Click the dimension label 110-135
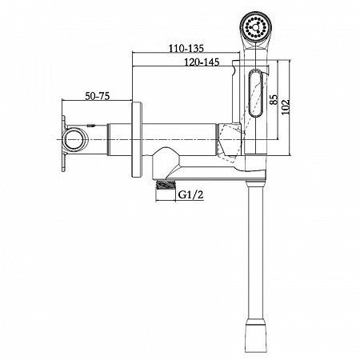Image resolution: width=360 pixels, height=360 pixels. [x=186, y=48]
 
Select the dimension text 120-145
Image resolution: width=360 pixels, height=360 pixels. [x=202, y=62]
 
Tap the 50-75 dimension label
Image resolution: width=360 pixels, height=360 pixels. [x=98, y=96]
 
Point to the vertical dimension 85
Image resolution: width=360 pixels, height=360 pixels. [x=274, y=99]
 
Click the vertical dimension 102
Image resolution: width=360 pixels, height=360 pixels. [x=286, y=107]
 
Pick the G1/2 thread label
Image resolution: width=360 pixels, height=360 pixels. [x=190, y=195]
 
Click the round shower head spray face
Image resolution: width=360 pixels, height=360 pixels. [x=255, y=26]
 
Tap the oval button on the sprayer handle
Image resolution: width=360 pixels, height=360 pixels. [x=256, y=93]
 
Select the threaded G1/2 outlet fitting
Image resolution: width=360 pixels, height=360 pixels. [x=166, y=185]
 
